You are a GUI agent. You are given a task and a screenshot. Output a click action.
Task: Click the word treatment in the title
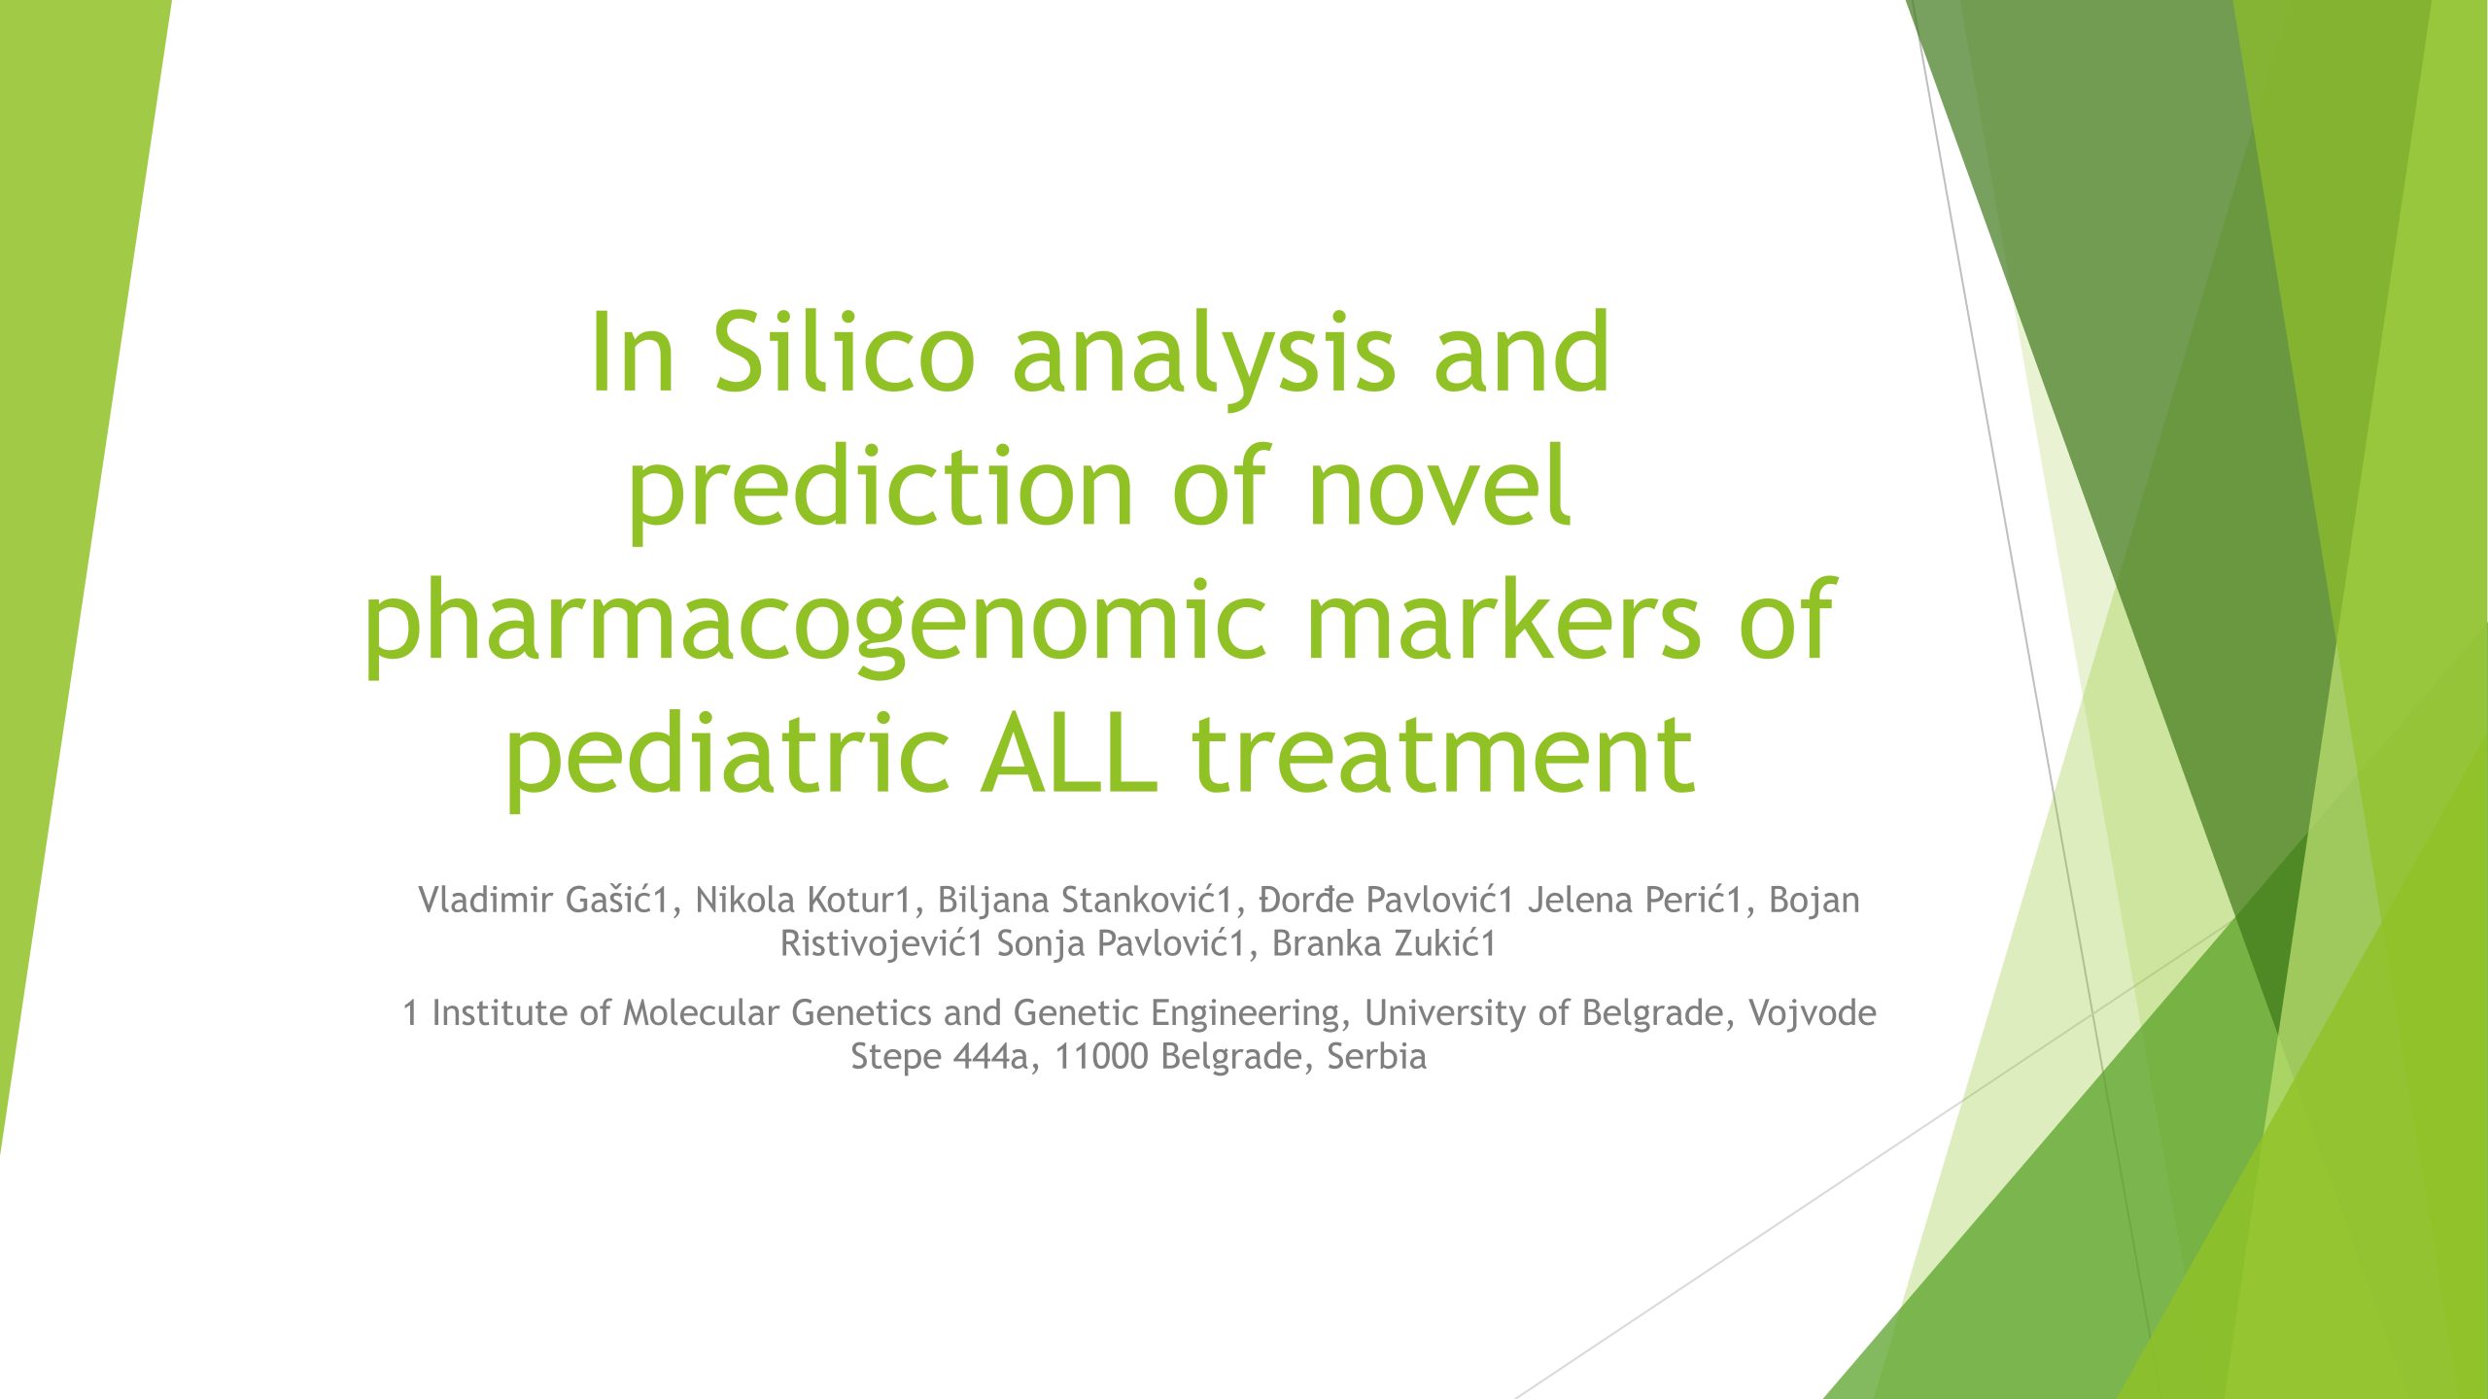point(1443,755)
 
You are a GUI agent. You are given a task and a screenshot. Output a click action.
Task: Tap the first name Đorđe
point(1306,900)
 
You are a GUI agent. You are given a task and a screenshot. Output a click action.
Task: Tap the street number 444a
point(991,1056)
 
